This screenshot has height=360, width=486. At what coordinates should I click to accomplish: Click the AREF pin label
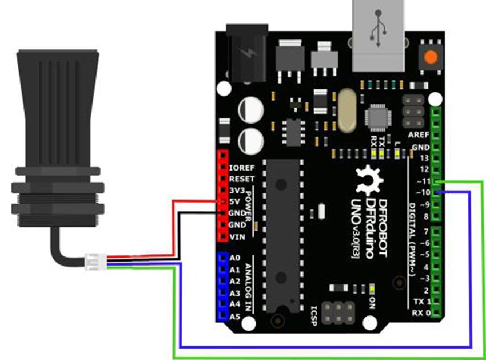[x=419, y=135]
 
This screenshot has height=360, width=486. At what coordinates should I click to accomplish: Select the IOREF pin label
[x=242, y=169]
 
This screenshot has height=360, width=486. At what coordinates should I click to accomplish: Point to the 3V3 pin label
[x=236, y=190]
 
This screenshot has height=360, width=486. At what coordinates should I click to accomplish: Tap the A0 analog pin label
[x=234, y=258]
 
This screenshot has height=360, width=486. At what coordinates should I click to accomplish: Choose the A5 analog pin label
[x=234, y=317]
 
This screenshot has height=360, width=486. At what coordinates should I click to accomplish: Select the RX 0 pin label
[x=421, y=313]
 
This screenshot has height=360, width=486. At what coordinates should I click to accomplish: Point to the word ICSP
[x=313, y=314]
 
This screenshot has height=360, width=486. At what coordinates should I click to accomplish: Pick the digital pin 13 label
[x=424, y=158]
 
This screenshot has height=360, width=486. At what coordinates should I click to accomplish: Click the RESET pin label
[x=241, y=180]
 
